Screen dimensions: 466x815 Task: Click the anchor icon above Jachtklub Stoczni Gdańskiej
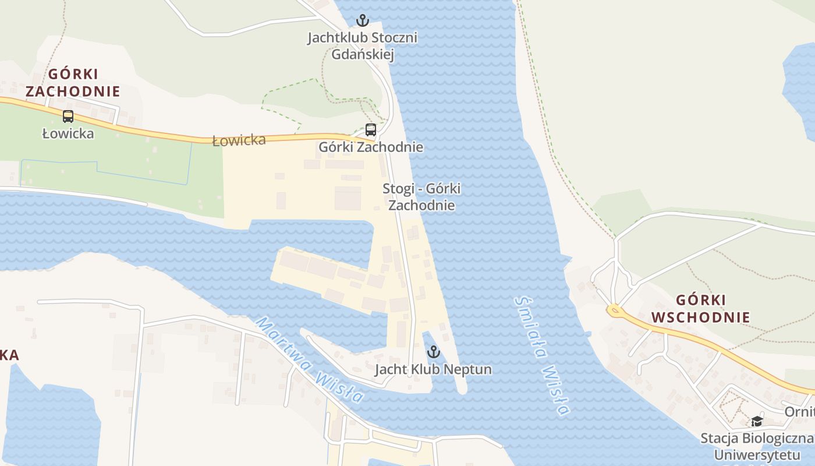point(363,21)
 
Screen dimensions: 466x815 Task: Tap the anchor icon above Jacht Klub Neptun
point(433,351)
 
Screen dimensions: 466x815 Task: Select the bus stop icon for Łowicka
point(68,116)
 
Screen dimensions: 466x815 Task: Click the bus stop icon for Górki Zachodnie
point(371,130)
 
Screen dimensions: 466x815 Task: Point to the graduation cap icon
point(757,421)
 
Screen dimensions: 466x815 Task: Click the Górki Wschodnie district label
point(700,309)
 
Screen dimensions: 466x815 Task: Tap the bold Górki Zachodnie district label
point(73,83)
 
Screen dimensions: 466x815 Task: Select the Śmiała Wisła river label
point(541,355)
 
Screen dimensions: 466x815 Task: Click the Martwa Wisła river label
point(310,359)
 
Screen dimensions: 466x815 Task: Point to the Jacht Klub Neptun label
point(433,369)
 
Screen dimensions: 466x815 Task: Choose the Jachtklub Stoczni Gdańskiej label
point(363,46)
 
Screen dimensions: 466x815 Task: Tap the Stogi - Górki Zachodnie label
point(421,197)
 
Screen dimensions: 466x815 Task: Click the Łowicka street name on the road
point(239,140)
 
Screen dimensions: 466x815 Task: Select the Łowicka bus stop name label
point(68,133)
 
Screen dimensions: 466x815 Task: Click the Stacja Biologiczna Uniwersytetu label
point(757,446)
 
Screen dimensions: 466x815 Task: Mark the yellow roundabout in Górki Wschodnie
point(615,311)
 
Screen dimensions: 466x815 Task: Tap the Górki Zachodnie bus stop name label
point(371,147)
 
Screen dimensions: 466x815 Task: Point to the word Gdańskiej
point(363,55)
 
